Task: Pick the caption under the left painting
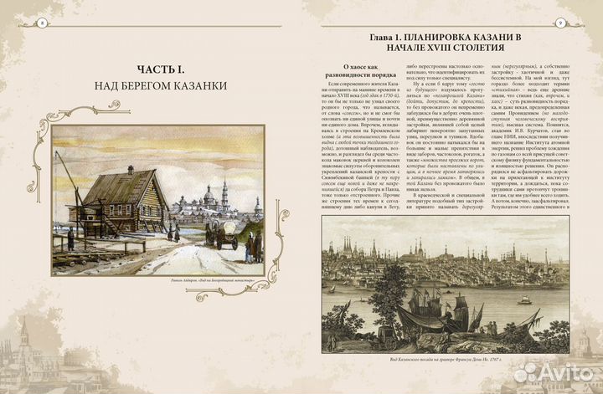click(157, 279)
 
